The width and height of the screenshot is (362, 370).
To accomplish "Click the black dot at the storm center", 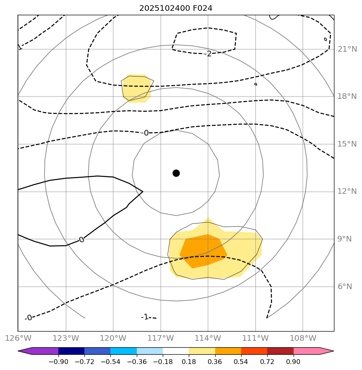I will click(x=176, y=173).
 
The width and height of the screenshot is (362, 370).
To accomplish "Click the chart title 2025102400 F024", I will click(x=176, y=8).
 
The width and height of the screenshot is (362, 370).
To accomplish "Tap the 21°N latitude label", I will click(x=347, y=49).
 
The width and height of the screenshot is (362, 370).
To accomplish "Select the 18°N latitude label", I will click(x=347, y=97).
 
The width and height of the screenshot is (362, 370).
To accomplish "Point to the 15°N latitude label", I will click(x=347, y=144).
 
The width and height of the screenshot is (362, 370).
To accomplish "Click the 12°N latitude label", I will click(x=347, y=191).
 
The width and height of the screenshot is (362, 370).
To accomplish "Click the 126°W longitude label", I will click(x=18, y=338).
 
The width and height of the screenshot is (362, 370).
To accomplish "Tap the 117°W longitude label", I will click(x=160, y=338).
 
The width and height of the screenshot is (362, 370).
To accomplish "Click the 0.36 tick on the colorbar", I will click(x=215, y=362).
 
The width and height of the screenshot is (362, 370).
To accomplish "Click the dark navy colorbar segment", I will click(x=71, y=351).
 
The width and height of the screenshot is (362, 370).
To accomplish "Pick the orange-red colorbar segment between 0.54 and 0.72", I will click(x=254, y=351).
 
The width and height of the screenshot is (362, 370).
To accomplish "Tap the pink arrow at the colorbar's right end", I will click(x=326, y=351).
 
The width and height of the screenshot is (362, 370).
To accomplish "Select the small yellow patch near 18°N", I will click(x=136, y=88).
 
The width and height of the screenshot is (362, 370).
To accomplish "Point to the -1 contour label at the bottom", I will click(x=144, y=317).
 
